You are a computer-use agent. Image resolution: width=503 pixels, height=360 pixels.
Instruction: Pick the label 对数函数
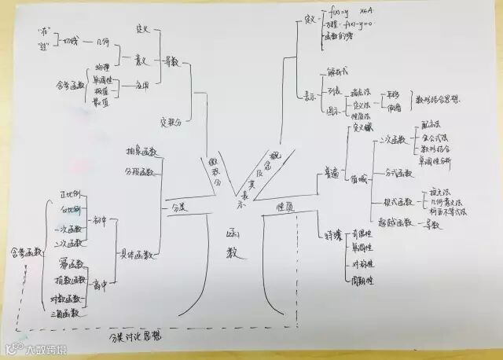68,299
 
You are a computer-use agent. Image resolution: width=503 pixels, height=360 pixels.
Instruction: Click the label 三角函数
68,313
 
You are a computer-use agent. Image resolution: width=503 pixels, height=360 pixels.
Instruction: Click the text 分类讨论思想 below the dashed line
140,337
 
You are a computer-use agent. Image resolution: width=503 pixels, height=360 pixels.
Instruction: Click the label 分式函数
397,172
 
